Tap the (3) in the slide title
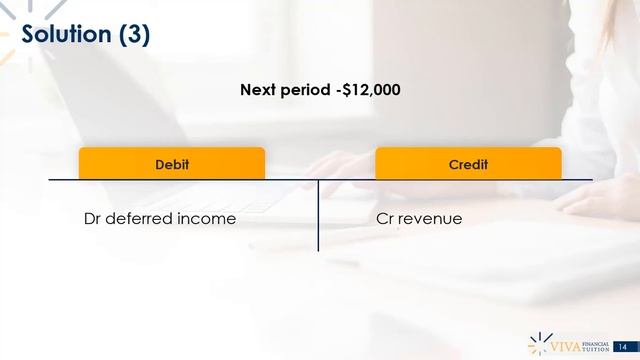point(135,34)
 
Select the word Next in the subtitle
point(258,90)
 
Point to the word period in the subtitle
point(305,90)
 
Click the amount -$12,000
point(368,90)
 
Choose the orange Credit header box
point(468,163)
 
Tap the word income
point(207,218)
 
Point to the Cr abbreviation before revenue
point(385,218)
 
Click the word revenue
point(431,218)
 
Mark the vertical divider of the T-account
point(318,215)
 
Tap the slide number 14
point(623,345)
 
